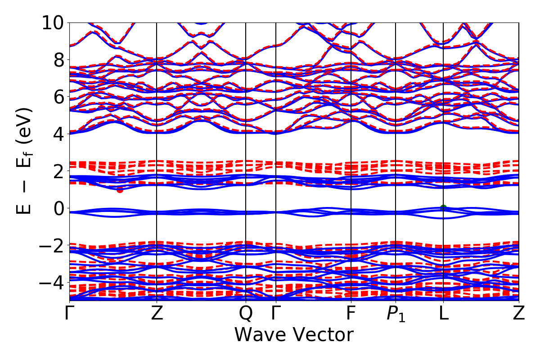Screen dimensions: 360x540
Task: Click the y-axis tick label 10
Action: (53, 22)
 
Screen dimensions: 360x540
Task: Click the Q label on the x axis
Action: (246, 314)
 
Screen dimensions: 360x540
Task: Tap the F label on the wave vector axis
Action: (351, 314)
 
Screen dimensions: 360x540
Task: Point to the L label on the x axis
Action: (444, 314)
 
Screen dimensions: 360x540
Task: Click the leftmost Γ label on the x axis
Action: (69, 314)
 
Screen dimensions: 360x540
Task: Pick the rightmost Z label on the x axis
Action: (519, 314)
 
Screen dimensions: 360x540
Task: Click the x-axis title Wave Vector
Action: (294, 335)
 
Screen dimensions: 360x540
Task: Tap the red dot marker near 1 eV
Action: (120, 190)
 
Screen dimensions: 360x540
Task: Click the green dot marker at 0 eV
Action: (443, 207)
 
